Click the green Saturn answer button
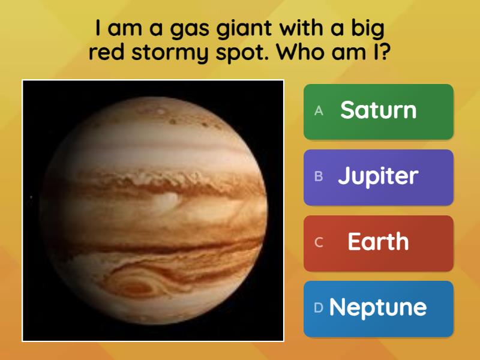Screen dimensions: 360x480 coord(378,112)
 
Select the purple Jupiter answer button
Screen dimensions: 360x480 coord(378,177)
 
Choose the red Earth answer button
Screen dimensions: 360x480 coord(378,243)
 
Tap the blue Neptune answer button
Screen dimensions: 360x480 coord(378,308)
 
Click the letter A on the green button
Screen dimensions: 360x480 coord(319,110)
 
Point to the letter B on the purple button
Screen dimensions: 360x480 coord(319,176)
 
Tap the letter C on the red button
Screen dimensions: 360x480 coord(319,242)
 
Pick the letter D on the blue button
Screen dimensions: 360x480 coord(319,308)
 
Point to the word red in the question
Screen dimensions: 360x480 coord(106,52)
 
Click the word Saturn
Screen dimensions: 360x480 coord(378,110)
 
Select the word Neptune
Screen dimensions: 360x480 coord(378,308)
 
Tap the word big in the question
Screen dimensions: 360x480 coord(362,29)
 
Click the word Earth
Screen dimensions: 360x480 coord(378,242)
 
